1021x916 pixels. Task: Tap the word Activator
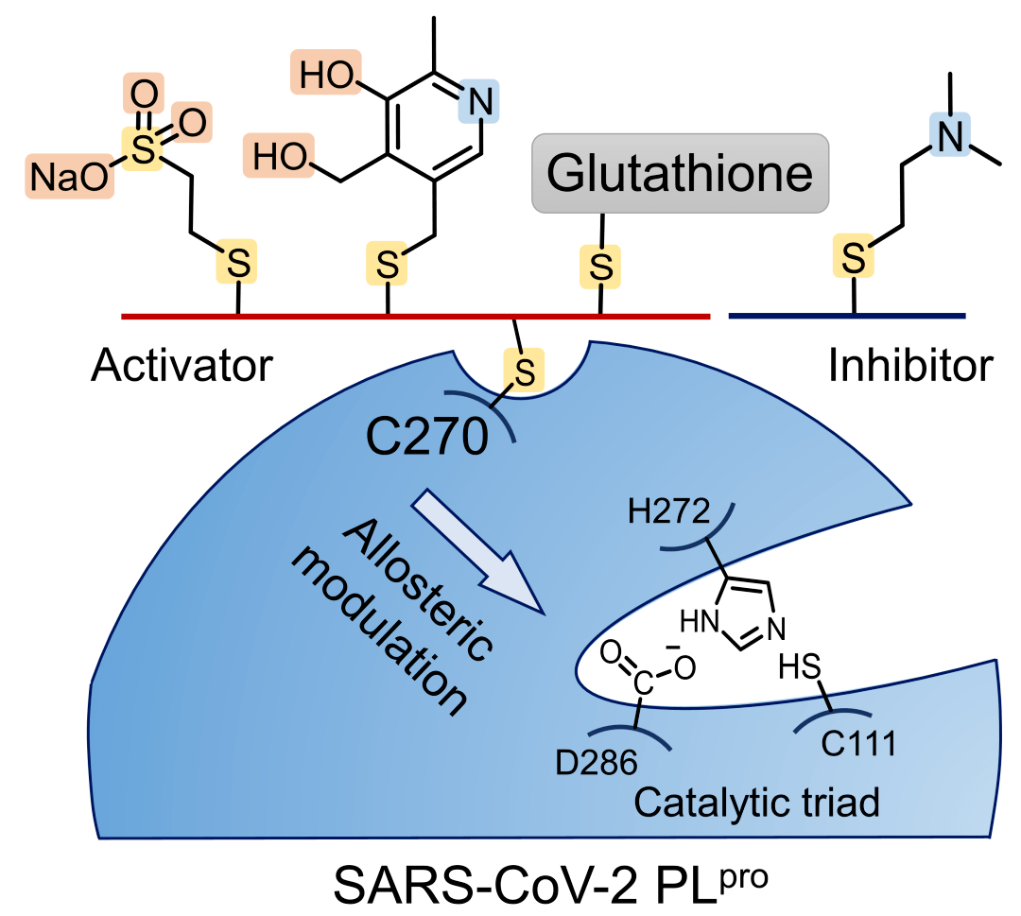[x=182, y=365]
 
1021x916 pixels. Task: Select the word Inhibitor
[x=911, y=365]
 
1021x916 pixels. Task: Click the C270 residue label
[x=426, y=437]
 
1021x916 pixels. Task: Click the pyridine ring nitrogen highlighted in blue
[x=477, y=100]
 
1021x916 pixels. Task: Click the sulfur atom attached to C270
[x=528, y=366]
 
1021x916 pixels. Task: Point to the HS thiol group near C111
[x=797, y=668]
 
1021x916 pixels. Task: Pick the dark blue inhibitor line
[x=847, y=315]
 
